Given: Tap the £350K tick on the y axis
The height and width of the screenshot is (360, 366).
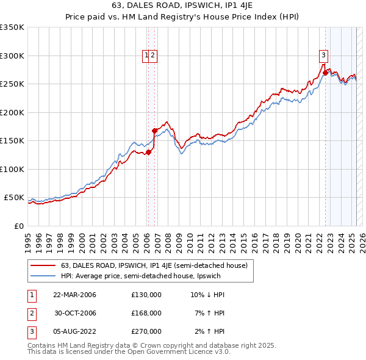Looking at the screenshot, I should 12,27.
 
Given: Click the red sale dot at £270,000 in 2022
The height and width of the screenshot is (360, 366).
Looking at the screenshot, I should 325,73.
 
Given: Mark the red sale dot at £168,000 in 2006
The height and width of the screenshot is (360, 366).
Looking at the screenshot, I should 155,131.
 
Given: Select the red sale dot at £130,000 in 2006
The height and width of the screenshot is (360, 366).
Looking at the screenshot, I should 148,152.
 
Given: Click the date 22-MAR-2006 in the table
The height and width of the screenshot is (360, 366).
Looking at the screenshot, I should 74,295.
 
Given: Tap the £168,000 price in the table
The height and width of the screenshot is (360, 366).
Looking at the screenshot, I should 146,313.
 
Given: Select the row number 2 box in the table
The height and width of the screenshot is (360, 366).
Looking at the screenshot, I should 30,313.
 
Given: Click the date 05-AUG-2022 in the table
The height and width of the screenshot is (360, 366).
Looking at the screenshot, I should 74,331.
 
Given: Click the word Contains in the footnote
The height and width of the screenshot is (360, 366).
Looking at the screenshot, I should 43,345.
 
